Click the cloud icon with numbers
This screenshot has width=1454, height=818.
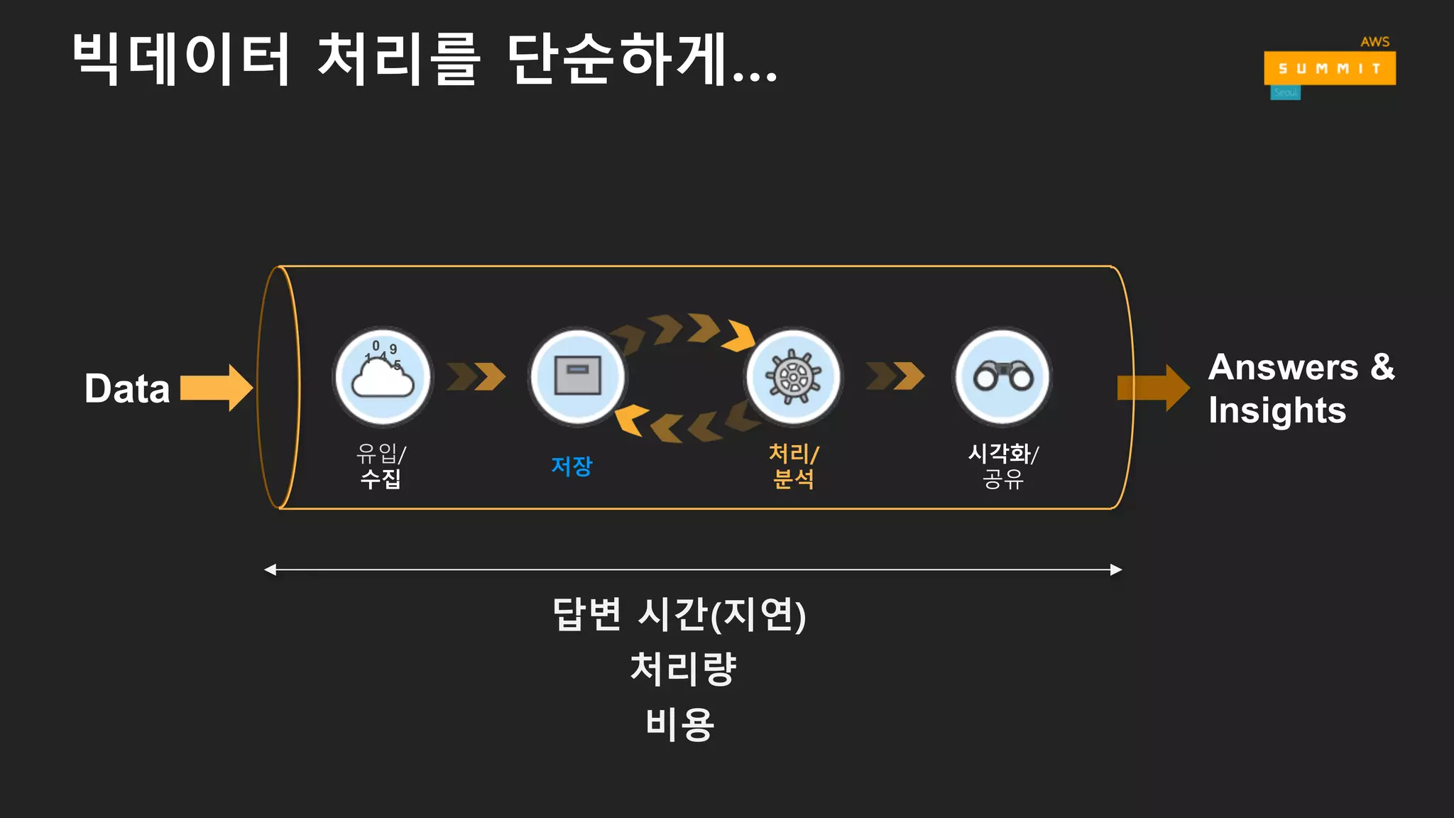383,376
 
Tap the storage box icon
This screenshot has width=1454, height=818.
577,376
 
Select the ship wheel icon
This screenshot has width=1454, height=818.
793,376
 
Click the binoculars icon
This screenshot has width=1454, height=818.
1002,376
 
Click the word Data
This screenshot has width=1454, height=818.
127,388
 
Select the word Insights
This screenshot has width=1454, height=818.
1277,410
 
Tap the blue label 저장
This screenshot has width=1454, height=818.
572,466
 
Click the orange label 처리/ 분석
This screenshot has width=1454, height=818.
794,466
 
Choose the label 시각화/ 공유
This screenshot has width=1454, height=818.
1003,466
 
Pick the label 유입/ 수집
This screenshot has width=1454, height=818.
381,466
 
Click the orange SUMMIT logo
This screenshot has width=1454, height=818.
1330,68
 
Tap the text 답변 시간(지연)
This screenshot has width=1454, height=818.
679,614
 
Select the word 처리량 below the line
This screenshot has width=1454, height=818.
683,669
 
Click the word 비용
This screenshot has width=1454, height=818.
680,724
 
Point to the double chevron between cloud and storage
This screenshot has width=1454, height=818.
476,376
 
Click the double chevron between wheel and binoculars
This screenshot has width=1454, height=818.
895,376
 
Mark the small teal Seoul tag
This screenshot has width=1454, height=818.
1285,93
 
